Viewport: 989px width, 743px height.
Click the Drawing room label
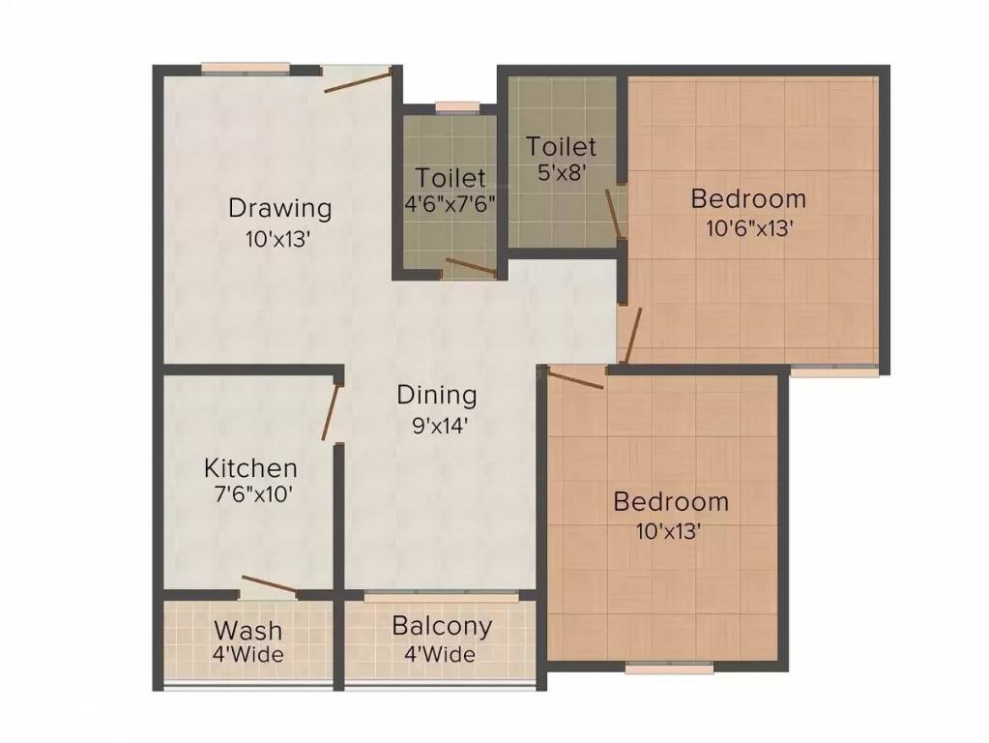click(x=279, y=208)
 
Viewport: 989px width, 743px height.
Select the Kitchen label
click(x=250, y=468)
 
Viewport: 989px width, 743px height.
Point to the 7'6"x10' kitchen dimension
click(x=248, y=493)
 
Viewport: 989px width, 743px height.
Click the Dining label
click(x=437, y=395)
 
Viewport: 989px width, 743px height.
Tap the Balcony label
click(x=441, y=626)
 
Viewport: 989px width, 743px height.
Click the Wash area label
click(x=248, y=630)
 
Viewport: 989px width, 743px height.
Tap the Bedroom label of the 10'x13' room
click(x=671, y=502)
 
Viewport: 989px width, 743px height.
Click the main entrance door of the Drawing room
click(x=358, y=80)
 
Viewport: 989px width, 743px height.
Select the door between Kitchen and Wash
click(x=270, y=584)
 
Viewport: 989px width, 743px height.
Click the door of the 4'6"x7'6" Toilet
click(x=471, y=267)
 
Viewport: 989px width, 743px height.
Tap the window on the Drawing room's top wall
click(x=246, y=69)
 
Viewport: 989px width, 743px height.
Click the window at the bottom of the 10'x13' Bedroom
click(x=669, y=667)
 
